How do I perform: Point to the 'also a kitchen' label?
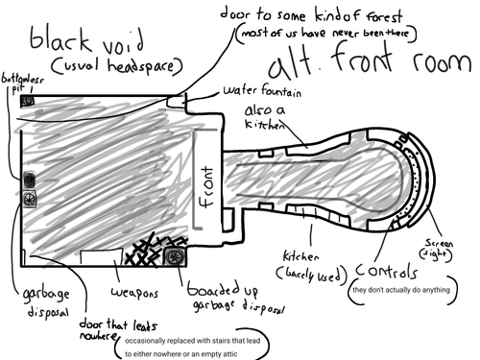pos(266,119)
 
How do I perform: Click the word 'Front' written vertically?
pos(204,187)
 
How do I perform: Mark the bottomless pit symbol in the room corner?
pos(28,100)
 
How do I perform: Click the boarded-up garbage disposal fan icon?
pos(174,256)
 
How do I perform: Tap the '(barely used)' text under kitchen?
pos(308,275)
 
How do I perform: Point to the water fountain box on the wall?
pos(177,101)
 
